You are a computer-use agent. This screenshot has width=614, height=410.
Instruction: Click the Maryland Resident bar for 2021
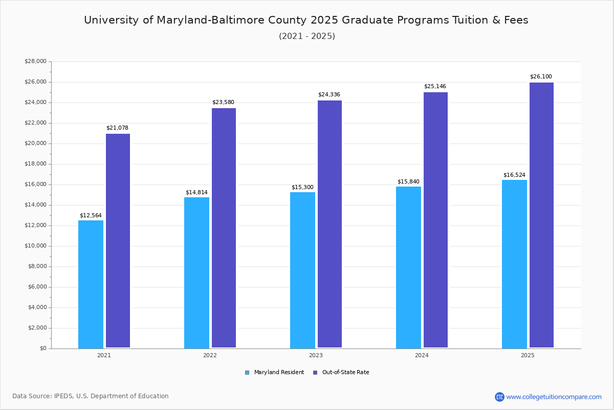(91, 284)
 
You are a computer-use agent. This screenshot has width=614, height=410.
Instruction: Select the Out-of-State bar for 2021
(118, 241)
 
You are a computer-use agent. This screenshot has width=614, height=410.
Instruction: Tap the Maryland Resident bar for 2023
(302, 270)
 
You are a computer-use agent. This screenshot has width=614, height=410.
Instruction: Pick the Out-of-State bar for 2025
(541, 215)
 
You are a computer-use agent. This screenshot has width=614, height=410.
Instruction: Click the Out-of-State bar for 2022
(224, 228)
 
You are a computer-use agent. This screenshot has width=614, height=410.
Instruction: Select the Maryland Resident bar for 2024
(408, 268)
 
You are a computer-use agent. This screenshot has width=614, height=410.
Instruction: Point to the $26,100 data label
(541, 77)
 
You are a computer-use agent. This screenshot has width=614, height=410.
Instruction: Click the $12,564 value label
(91, 216)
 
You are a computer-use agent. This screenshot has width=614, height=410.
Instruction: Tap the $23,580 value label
(223, 102)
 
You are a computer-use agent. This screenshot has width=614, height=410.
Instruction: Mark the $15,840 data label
(408, 182)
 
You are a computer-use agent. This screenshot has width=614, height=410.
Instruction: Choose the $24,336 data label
(329, 95)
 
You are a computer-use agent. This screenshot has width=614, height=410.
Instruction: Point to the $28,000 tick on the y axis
(35, 61)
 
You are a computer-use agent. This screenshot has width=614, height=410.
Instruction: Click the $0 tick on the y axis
(42, 348)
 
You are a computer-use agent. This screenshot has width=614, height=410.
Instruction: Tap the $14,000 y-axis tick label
(35, 205)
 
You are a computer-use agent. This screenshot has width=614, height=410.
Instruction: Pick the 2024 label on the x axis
(422, 355)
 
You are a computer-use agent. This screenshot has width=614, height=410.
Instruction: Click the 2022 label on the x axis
(210, 355)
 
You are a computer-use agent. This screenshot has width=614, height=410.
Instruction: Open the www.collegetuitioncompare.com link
(554, 397)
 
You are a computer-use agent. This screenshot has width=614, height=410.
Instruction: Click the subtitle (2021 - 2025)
(307, 36)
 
